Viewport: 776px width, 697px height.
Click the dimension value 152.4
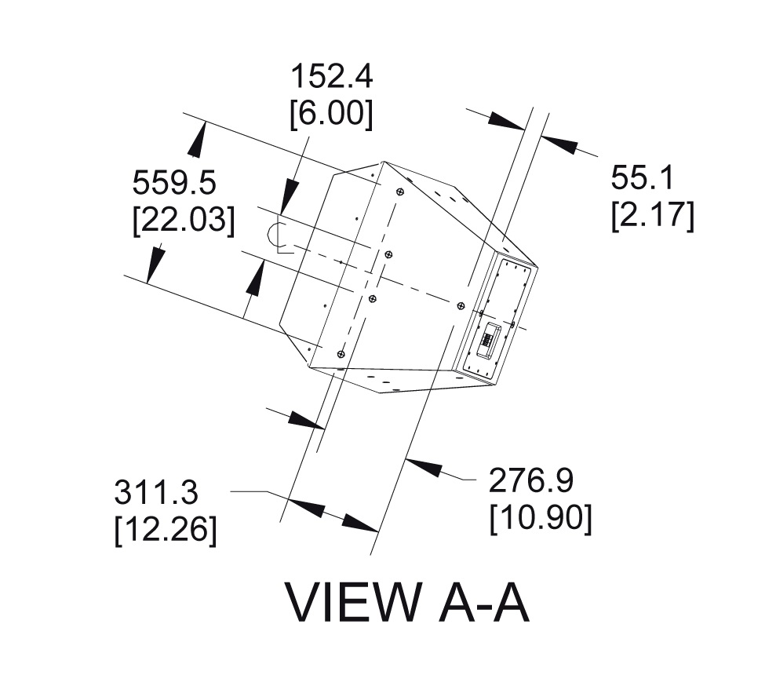[x=331, y=78]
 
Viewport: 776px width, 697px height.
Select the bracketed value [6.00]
[x=331, y=114]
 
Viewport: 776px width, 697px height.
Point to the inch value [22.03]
[x=184, y=219]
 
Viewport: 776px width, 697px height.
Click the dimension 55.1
[x=643, y=179]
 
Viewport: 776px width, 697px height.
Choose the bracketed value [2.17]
[x=653, y=215]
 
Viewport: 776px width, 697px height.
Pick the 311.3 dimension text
[x=156, y=494]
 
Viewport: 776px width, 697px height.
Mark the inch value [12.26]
[x=166, y=529]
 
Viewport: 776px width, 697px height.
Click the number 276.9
[x=531, y=480]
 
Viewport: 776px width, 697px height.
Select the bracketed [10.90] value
[x=541, y=516]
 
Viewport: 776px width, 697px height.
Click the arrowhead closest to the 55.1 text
[x=559, y=145]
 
